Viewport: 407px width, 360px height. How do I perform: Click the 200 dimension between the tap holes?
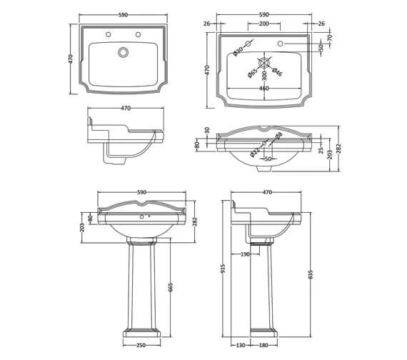click(263, 24)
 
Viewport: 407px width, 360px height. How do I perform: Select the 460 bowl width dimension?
click(263, 89)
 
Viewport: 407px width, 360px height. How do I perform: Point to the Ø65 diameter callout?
click(253, 72)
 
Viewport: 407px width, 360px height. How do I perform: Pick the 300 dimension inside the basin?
click(264, 74)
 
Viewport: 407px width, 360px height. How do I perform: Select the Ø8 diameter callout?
click(279, 135)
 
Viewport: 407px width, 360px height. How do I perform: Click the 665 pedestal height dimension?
click(170, 286)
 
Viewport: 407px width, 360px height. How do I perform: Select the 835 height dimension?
click(310, 274)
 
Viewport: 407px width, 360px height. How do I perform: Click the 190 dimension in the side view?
click(244, 254)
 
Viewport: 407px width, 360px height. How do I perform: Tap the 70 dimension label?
click(329, 37)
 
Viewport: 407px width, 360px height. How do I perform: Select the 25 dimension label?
click(321, 150)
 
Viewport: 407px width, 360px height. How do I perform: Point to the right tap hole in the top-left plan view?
click(138, 34)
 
